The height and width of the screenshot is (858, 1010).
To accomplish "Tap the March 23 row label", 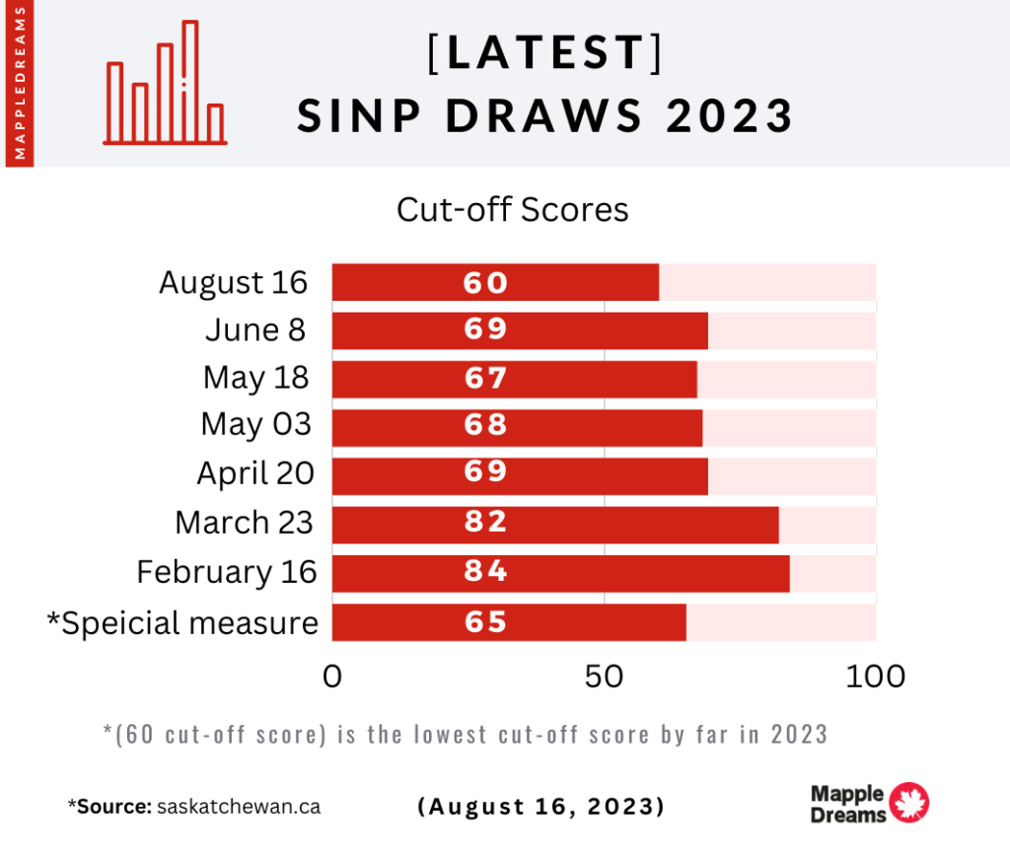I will [x=244, y=523].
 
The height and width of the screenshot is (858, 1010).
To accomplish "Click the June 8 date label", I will [x=255, y=330].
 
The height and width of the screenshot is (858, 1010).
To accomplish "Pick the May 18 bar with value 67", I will [x=514, y=379].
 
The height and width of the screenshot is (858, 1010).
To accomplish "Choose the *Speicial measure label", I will [x=182, y=623].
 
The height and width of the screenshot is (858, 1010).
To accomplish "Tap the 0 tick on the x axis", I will [x=332, y=677].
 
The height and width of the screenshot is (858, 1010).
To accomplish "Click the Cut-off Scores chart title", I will [x=512, y=210].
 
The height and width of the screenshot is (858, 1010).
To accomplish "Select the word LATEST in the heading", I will [x=545, y=53].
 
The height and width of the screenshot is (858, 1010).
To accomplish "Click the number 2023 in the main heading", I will [x=730, y=116].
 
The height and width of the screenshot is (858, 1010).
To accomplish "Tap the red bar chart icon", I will [x=166, y=84].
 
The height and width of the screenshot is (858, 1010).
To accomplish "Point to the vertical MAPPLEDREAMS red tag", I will [x=20, y=83].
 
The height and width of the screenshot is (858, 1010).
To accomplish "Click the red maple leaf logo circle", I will [x=908, y=803].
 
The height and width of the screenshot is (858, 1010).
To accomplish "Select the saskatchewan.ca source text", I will [x=239, y=806].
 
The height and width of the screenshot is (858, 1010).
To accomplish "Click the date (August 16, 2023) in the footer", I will [x=541, y=806].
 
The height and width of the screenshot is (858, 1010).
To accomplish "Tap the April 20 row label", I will [x=255, y=473].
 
